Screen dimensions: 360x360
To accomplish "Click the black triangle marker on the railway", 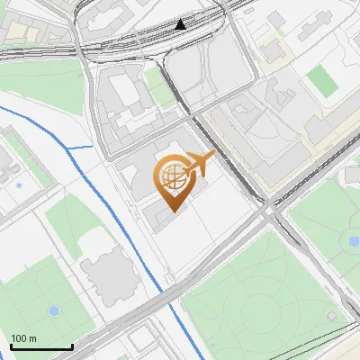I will (182, 23).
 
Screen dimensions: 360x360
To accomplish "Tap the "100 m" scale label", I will (24, 338).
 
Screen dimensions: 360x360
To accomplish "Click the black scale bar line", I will (41, 346).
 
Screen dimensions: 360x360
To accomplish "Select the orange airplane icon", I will (199, 164).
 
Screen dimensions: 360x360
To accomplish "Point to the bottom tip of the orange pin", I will (172, 211).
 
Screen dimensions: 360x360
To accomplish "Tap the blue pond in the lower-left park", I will (53, 311).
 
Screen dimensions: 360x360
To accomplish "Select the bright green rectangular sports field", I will (321, 82).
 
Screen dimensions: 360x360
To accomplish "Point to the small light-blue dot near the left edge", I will (18, 185).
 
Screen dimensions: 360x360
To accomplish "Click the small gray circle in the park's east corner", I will (335, 317).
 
